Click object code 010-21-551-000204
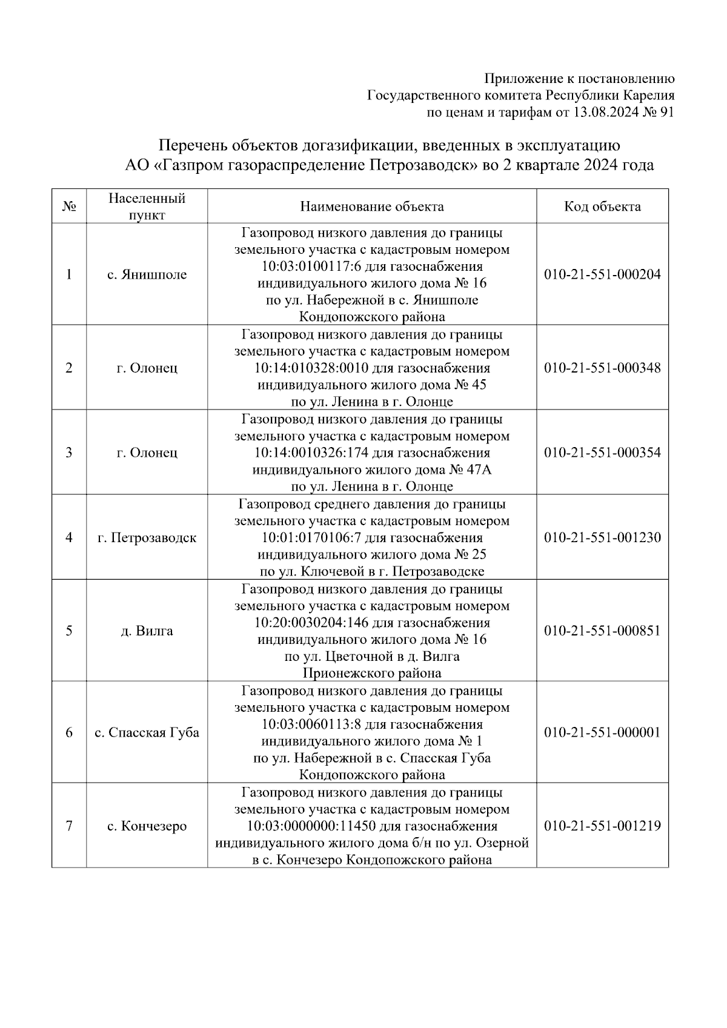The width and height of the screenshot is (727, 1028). point(602,274)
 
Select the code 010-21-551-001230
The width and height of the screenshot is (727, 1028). point(602,537)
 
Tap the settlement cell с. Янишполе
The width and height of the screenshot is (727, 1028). point(147,274)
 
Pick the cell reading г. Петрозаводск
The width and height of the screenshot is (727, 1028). point(147,537)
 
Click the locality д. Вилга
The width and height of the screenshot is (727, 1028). point(147,631)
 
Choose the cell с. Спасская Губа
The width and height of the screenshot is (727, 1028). point(147,732)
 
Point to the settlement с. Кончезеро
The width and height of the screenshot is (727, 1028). point(147,826)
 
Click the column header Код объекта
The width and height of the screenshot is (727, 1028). point(602,207)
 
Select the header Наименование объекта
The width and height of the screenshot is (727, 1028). point(372,207)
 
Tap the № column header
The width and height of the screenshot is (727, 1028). point(69,207)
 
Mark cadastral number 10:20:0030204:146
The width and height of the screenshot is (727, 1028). point(311,623)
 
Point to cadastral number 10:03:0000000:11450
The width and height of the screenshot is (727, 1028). point(311,826)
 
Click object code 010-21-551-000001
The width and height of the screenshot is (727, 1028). point(602,732)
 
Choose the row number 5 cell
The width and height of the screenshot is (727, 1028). point(69,631)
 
